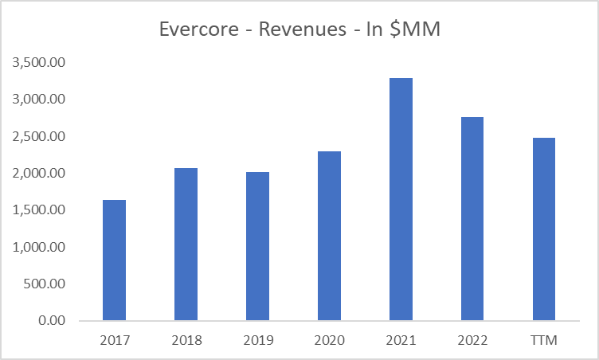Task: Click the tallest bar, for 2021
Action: point(401,199)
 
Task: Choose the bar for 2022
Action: point(472,219)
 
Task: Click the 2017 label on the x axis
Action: point(115,341)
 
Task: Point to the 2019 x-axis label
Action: point(257,341)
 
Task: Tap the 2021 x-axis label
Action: point(401,341)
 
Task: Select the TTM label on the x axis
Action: point(543,341)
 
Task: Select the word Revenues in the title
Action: point(296,31)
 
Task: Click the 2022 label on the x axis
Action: point(472,341)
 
